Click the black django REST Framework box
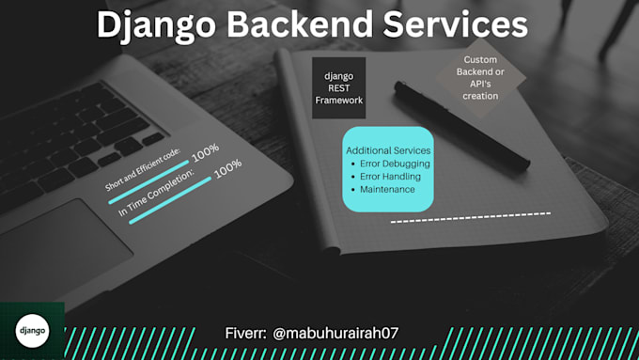(x=339, y=87)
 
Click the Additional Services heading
(x=388, y=150)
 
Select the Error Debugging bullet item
(x=395, y=164)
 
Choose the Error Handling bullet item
(x=391, y=177)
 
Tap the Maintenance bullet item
(x=387, y=189)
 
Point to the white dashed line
(x=470, y=217)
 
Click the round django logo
(x=31, y=330)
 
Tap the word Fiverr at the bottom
(x=246, y=334)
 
